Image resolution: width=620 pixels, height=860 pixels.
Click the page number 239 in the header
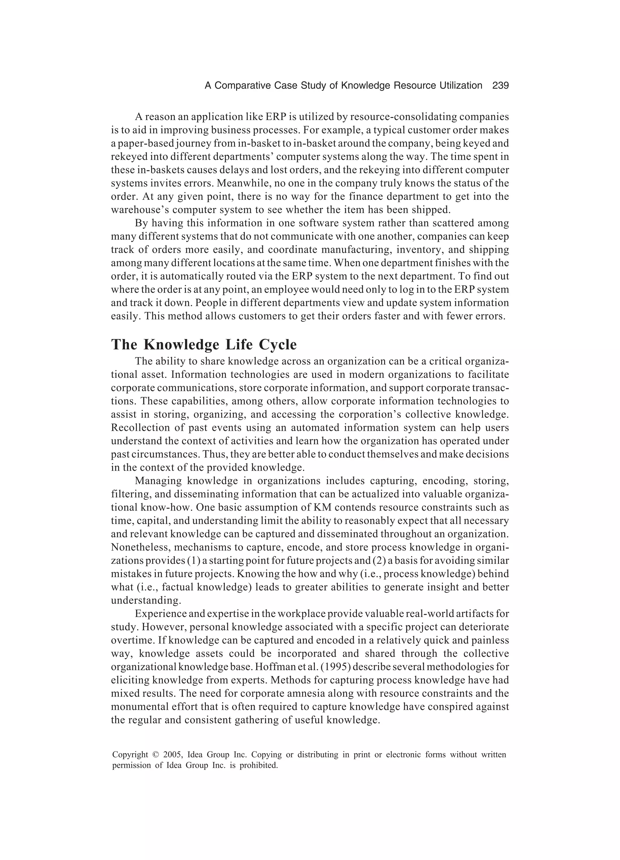point(500,86)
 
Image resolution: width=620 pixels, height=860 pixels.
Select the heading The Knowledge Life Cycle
point(204,345)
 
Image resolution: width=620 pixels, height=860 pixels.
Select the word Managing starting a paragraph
point(158,481)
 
